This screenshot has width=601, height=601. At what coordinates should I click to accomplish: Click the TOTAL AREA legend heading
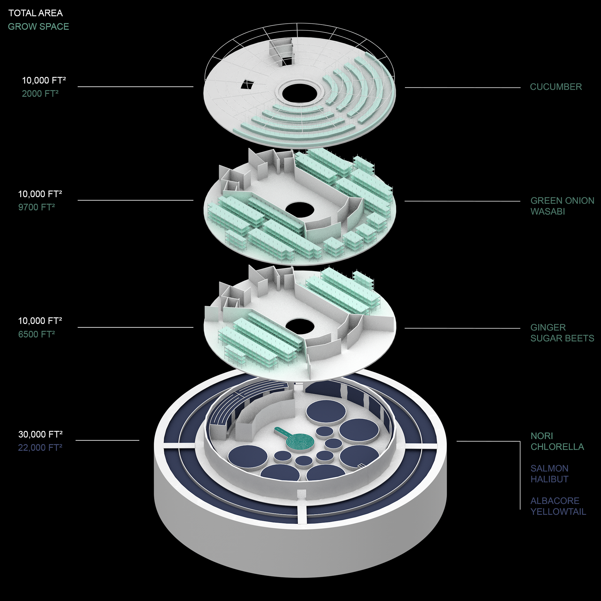point(35,13)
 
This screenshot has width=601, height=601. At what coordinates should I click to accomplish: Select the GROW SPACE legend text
point(38,27)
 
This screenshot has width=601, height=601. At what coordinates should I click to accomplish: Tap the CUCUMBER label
point(556,87)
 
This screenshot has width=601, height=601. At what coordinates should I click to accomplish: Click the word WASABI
point(547,212)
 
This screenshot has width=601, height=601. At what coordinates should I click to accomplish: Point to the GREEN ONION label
point(562,200)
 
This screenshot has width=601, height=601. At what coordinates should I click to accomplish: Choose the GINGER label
point(548,327)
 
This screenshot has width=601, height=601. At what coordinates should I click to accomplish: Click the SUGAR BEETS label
point(562,338)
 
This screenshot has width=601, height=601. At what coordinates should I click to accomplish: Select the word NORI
point(542,436)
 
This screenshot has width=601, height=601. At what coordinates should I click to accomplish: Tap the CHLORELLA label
point(557,447)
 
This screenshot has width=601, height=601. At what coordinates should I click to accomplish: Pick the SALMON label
point(549,468)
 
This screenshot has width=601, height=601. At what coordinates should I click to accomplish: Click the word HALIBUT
point(549,479)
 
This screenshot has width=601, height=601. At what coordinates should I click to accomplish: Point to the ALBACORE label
point(555,501)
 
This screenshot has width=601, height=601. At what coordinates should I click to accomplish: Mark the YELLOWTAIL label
point(558,512)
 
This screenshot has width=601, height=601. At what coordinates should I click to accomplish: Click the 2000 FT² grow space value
point(40,94)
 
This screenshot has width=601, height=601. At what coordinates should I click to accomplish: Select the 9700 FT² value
point(36,207)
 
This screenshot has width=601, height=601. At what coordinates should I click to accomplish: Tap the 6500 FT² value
point(36,334)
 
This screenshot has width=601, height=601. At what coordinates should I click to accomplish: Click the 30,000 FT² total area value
point(40,434)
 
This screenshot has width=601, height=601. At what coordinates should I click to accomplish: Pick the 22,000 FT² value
point(40,448)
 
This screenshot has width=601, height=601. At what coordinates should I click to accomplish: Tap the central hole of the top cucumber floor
point(300,93)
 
